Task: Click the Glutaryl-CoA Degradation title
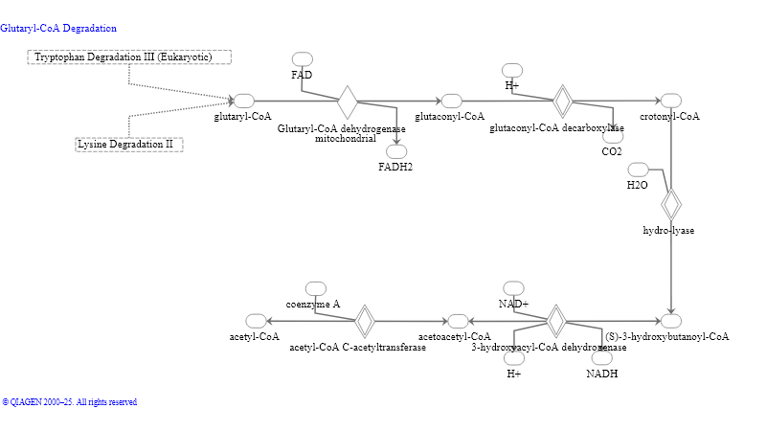click(x=58, y=29)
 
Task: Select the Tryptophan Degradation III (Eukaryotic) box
click(x=129, y=57)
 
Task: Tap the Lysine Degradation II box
click(x=129, y=145)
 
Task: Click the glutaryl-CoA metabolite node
click(x=243, y=102)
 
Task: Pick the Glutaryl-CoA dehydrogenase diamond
click(x=348, y=102)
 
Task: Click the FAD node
click(x=302, y=60)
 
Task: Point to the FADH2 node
click(x=395, y=152)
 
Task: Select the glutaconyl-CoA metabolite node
click(x=450, y=102)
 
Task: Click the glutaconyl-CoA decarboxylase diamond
click(x=563, y=102)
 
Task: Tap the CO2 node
click(x=612, y=136)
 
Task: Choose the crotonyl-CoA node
click(x=670, y=102)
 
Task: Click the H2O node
click(x=638, y=170)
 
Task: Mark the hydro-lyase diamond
click(x=670, y=204)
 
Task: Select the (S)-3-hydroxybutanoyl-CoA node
click(x=670, y=321)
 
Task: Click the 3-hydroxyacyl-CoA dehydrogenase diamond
click(x=555, y=321)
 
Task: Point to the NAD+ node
click(x=513, y=288)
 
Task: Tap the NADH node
click(x=602, y=358)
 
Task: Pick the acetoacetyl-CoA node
click(x=459, y=321)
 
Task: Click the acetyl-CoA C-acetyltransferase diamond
click(x=364, y=321)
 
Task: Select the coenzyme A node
click(x=315, y=288)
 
